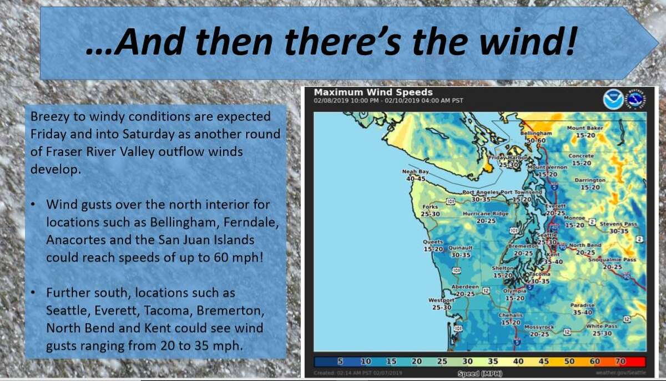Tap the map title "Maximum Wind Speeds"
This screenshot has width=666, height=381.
tap(373, 92)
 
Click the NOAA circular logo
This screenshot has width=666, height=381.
tap(613, 99)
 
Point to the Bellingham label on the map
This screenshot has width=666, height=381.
tap(536, 134)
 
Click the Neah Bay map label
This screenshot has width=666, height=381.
tap(416, 172)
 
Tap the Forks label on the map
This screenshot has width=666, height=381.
tap(431, 207)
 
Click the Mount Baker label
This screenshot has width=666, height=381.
tap(585, 128)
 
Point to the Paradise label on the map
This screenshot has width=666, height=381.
tap(582, 305)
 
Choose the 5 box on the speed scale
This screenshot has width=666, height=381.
tap(340, 362)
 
